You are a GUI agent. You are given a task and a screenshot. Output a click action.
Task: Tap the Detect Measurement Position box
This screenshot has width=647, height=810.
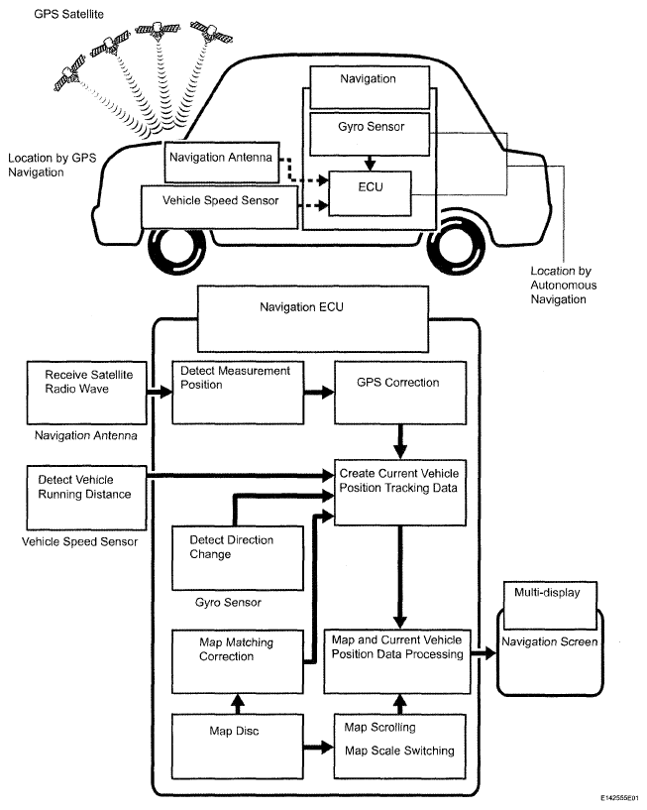pos(236,390)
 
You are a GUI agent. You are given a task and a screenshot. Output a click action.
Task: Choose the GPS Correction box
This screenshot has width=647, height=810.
pos(398,390)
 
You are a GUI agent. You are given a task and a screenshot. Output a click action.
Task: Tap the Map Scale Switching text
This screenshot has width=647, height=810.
pos(398,751)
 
